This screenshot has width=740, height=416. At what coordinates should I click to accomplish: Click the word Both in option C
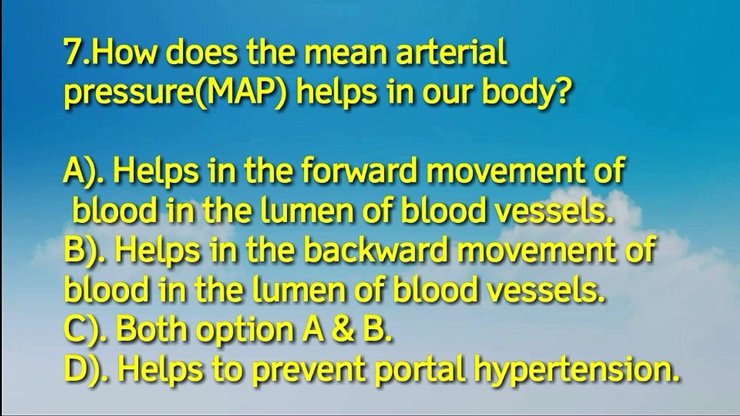pyautogui.click(x=151, y=330)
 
